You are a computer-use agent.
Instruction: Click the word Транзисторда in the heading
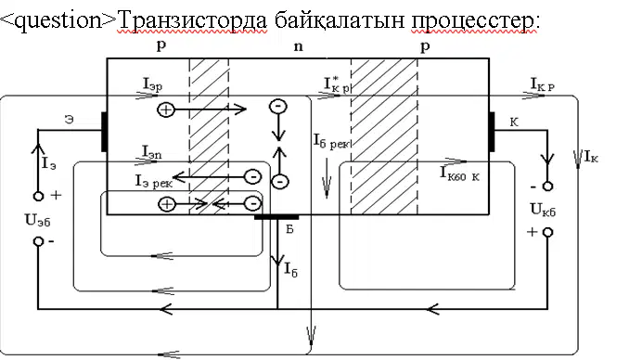[192, 19]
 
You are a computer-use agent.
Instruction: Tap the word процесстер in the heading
[475, 20]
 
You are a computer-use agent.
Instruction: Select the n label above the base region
[299, 46]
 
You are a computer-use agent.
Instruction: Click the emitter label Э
[70, 120]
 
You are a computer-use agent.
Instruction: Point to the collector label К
[514, 122]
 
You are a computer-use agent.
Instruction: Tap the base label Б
[289, 229]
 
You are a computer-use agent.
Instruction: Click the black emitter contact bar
[104, 132]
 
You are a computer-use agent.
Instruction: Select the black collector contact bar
[492, 132]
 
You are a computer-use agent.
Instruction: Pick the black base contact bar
[276, 217]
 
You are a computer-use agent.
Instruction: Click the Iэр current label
[152, 84]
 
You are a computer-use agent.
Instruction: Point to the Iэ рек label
[154, 182]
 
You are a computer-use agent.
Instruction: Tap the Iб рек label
[331, 141]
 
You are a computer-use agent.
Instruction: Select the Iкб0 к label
[459, 174]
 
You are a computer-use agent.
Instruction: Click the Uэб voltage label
[38, 221]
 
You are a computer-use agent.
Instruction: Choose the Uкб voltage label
[543, 210]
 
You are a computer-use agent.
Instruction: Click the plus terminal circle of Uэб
[38, 196]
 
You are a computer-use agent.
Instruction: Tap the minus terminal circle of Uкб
[547, 186]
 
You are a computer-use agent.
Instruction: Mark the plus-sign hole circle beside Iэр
[166, 109]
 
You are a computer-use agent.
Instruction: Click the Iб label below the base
[290, 270]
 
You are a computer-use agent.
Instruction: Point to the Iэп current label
[152, 152]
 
